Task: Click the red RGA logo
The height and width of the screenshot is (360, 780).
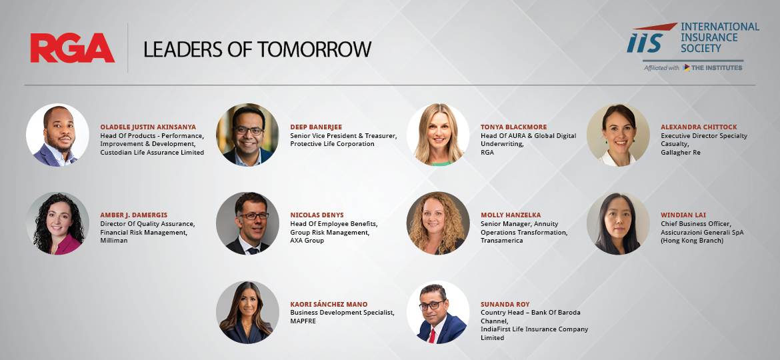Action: tap(73, 48)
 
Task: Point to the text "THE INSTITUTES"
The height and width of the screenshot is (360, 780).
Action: tap(717, 67)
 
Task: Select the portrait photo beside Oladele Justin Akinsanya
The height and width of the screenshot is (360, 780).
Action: tap(58, 135)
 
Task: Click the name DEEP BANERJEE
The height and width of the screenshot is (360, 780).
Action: tap(317, 127)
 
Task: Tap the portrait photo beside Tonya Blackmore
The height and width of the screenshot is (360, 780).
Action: tap(438, 135)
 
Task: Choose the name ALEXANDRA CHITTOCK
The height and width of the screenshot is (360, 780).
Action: tap(699, 127)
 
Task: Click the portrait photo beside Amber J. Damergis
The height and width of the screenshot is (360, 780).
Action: tap(58, 223)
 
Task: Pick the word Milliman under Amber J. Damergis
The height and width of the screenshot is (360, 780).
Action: tap(114, 241)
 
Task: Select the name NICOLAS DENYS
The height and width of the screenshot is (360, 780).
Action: tap(317, 215)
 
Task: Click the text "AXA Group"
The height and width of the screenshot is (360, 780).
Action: tap(307, 241)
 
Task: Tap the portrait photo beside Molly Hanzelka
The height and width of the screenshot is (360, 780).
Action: tap(438, 223)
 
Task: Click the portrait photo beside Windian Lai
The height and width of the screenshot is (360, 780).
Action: tap(618, 223)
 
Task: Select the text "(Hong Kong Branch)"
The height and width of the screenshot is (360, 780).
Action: tap(692, 241)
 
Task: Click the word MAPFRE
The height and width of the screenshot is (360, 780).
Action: tap(303, 321)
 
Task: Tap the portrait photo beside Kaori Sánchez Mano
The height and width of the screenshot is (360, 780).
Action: tap(248, 312)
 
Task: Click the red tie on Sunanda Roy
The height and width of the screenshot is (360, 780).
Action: tap(432, 335)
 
